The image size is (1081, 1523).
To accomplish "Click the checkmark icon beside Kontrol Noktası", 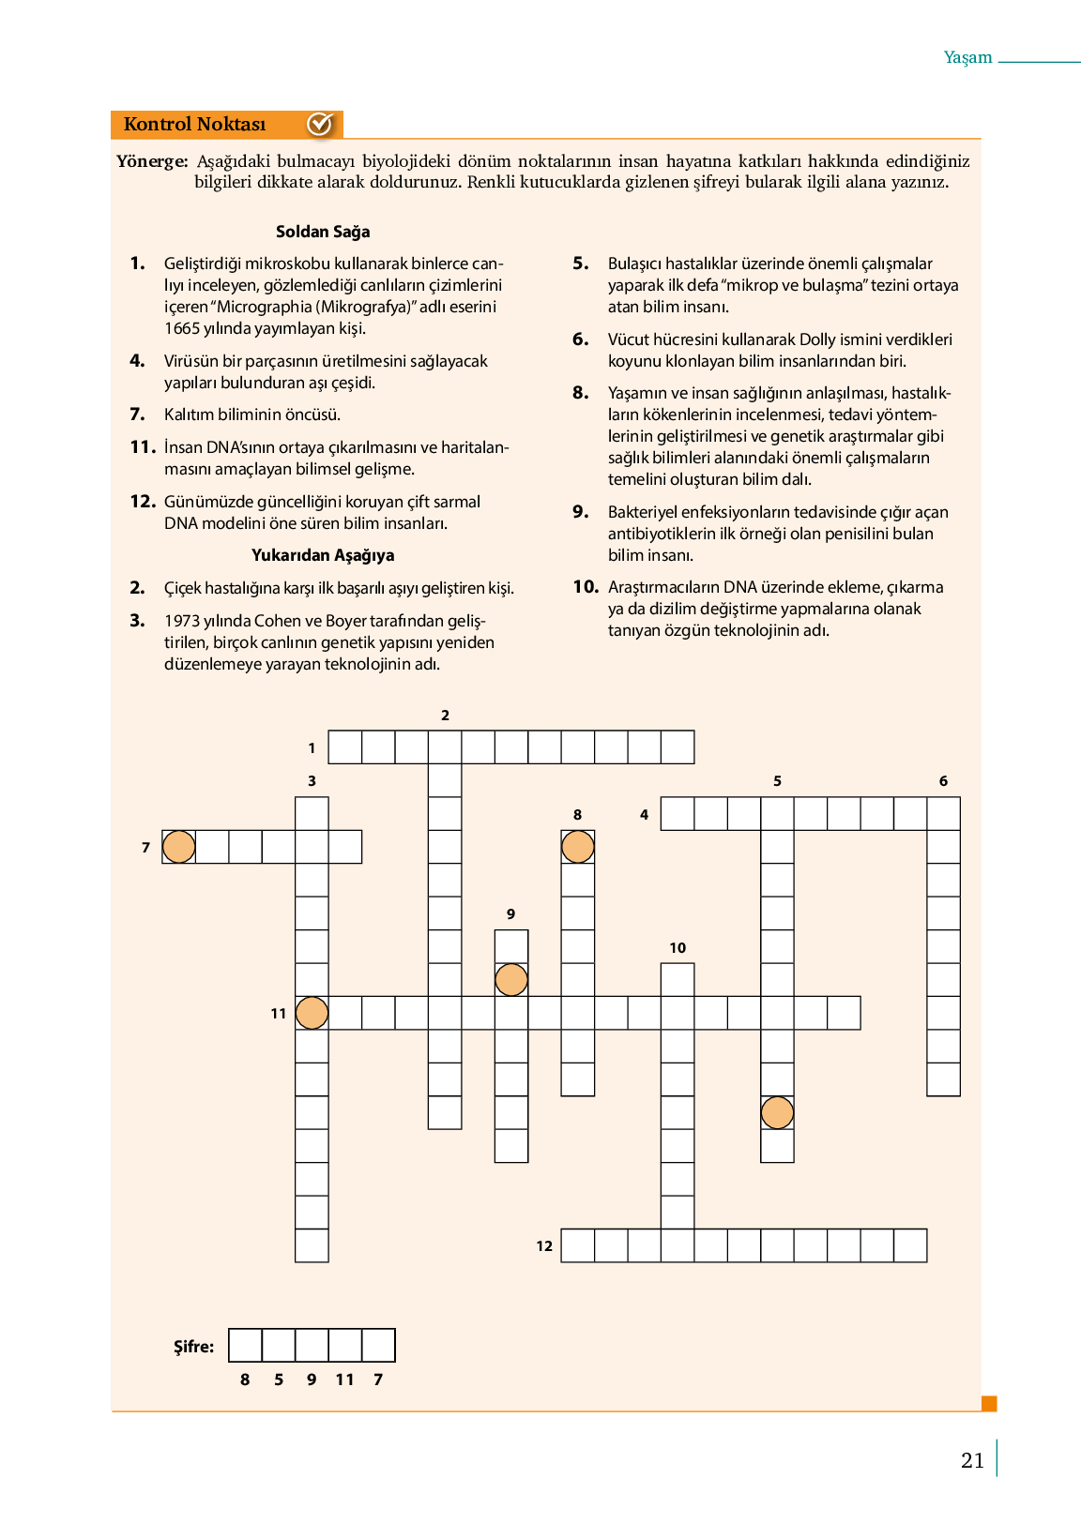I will (320, 124).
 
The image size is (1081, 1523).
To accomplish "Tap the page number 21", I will (972, 1460).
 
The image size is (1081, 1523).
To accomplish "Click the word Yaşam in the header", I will (967, 57).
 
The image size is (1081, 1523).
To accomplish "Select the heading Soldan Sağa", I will (323, 232).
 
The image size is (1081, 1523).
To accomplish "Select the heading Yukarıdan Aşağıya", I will (323, 555).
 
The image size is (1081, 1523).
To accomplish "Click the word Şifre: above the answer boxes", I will (194, 1347).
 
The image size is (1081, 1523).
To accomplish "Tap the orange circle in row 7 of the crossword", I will (178, 847).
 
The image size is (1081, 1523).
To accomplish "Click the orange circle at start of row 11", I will (312, 1013).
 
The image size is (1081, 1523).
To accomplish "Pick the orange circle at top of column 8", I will (577, 847).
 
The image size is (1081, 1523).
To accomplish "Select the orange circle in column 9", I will (511, 980).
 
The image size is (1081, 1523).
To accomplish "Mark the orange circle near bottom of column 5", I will (777, 1113).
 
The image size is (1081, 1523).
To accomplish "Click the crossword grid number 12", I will (544, 1246).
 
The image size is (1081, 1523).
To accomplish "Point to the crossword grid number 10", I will (678, 948).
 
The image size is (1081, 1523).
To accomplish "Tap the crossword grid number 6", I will (943, 781).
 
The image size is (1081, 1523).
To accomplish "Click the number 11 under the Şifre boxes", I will (344, 1380).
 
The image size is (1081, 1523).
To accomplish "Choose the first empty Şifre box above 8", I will (245, 1345).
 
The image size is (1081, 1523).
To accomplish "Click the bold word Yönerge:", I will (152, 161).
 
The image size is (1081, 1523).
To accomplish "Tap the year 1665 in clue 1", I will (182, 328).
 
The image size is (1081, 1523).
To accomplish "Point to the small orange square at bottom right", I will (989, 1404).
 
